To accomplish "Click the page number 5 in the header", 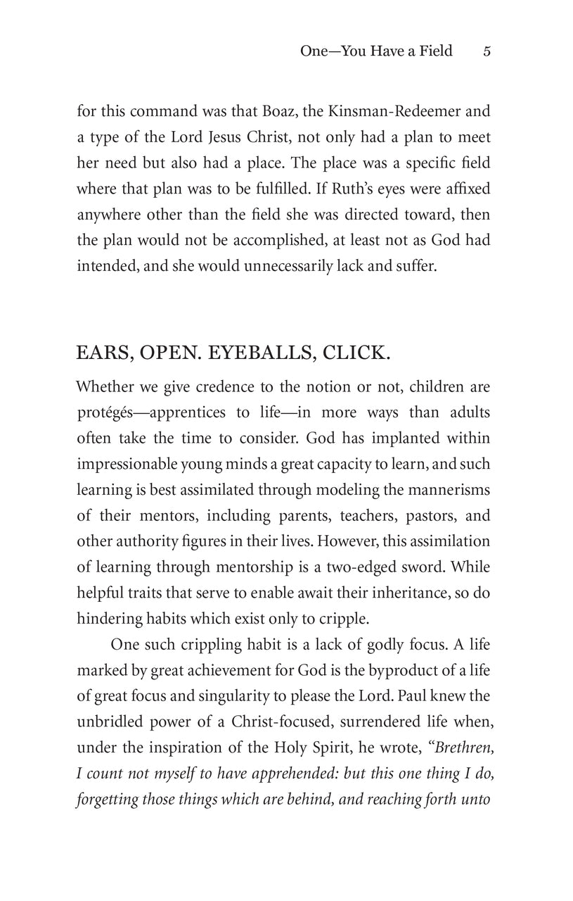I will [x=487, y=51].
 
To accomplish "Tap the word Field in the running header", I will [x=434, y=51].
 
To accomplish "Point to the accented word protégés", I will [x=105, y=412].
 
